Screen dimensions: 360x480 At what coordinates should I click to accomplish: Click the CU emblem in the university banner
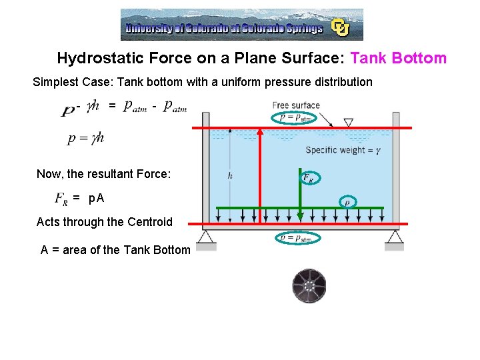pos(341,27)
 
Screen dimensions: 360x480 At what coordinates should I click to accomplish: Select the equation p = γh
pos(85,139)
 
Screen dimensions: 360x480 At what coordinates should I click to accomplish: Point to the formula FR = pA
pos(79,198)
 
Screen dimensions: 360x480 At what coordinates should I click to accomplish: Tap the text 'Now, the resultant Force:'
pos(103,174)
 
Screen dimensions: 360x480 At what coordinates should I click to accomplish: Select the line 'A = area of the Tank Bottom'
pos(115,251)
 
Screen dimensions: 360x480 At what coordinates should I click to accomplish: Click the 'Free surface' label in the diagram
pos(296,105)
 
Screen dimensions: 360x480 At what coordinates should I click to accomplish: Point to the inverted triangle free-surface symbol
pos(348,123)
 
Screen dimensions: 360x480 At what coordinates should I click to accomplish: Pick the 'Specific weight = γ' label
pos(343,150)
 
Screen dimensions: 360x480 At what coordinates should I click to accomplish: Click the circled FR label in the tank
pos(309,177)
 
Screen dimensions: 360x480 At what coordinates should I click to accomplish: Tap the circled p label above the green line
pos(346,201)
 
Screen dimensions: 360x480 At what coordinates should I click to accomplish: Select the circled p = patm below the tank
pos(295,237)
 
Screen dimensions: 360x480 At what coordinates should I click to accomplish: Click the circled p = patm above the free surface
pos(295,118)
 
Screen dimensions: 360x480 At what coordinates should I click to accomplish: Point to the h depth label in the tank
pos(229,176)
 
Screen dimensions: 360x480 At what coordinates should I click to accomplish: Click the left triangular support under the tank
pos(206,237)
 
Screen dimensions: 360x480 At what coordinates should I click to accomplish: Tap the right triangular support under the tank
pos(394,237)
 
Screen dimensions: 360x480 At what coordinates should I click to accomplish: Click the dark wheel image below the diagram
pos(309,285)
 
